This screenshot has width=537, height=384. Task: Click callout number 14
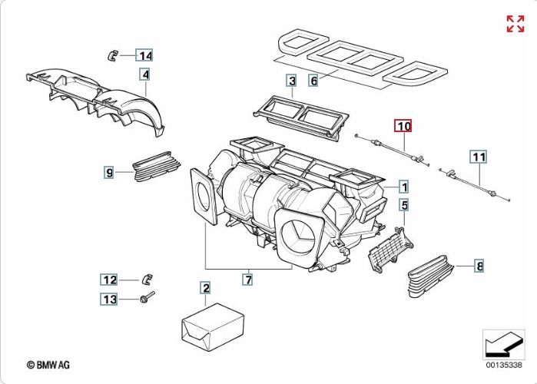coord(144,55)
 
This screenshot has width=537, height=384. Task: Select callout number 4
coord(144,74)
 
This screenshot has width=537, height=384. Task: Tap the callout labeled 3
coord(291,80)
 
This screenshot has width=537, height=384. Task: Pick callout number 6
coord(313,80)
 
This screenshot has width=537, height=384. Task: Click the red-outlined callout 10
coord(403,125)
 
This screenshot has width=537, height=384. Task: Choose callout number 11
coord(479,157)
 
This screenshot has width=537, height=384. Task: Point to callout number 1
coord(403,186)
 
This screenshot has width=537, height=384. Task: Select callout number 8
coord(479,266)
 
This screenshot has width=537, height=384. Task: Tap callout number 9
coord(109,173)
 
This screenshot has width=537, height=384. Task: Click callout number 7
coord(248,280)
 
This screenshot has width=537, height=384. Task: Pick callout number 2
coord(205,288)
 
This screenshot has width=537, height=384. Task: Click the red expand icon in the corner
coord(515,23)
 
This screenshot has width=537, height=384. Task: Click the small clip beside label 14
coord(113,54)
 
